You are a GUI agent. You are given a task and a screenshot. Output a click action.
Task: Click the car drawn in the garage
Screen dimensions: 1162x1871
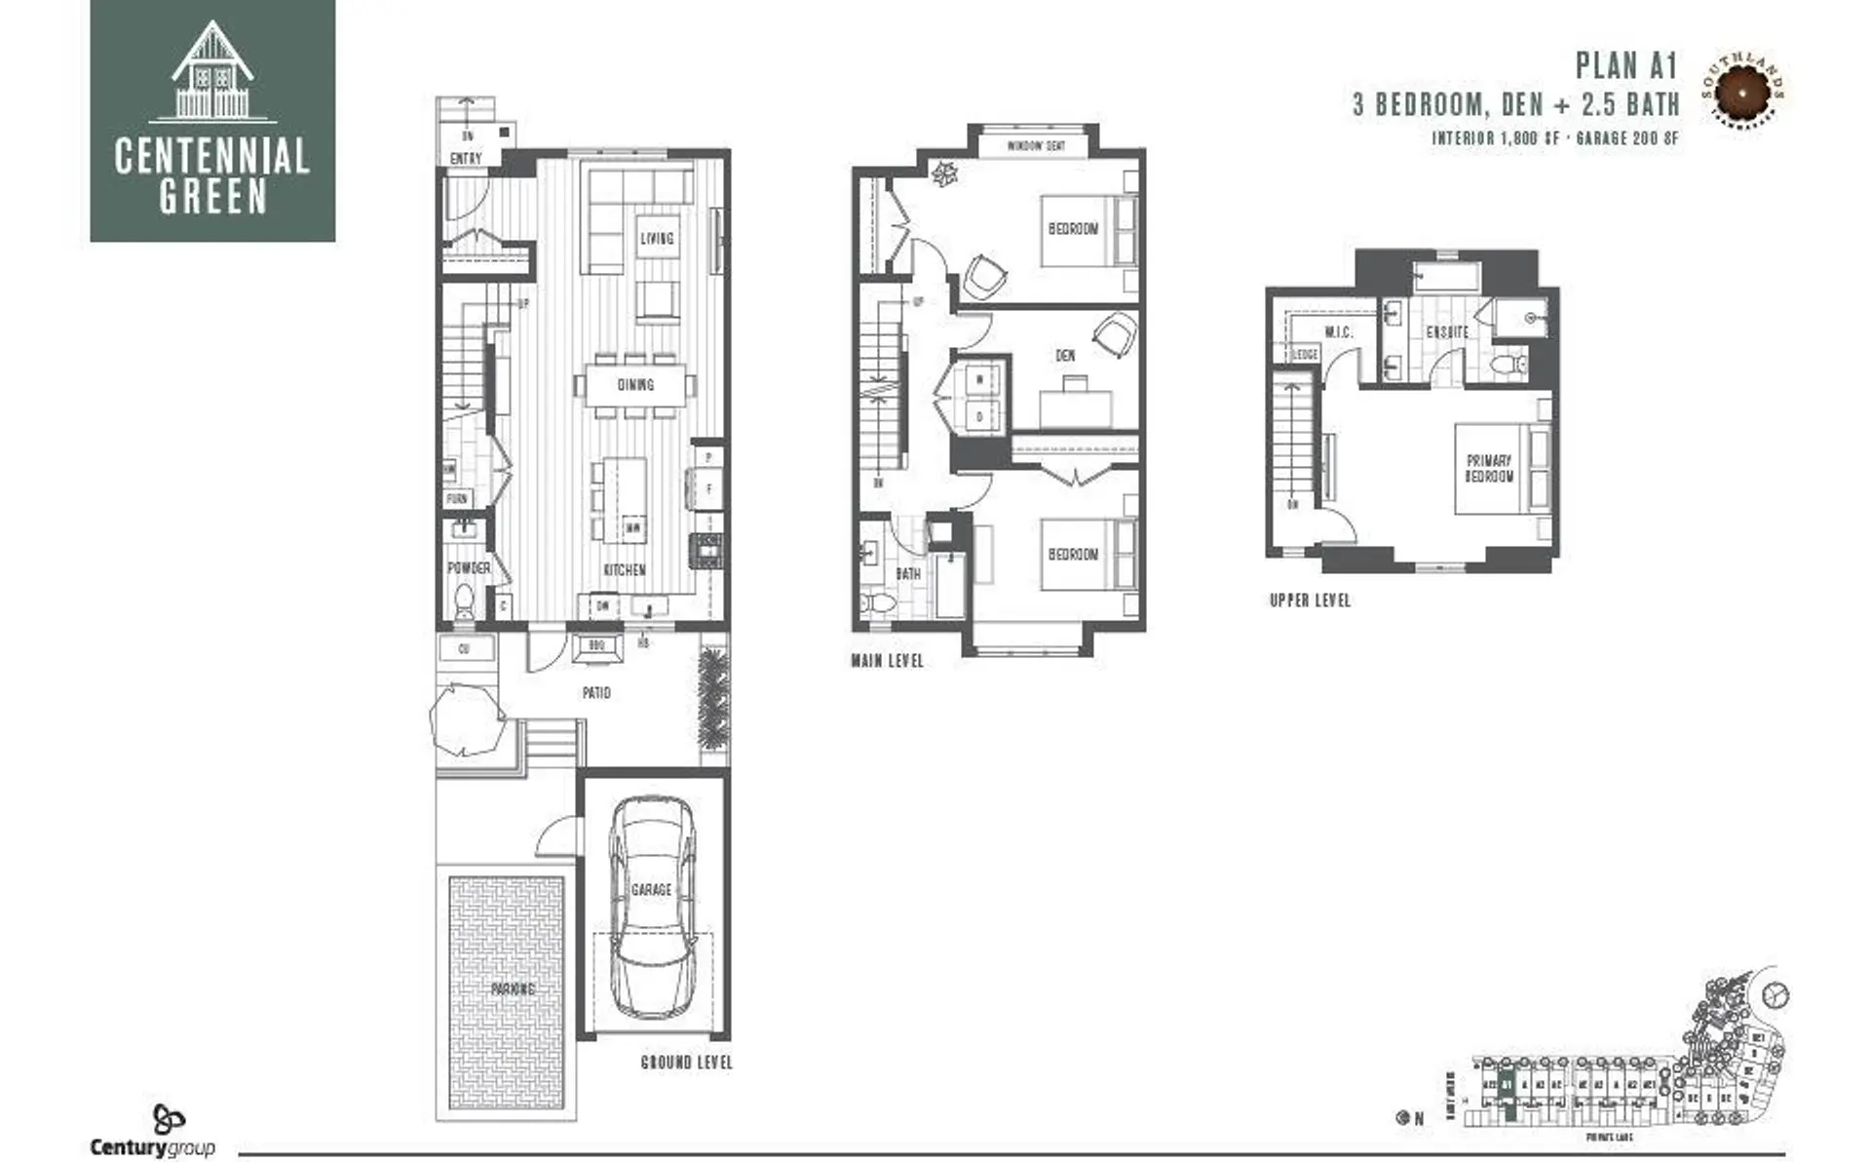[652, 907]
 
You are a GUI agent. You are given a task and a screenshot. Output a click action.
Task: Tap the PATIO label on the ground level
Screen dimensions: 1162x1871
[596, 693]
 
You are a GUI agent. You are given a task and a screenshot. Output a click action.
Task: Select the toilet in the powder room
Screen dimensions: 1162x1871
[465, 601]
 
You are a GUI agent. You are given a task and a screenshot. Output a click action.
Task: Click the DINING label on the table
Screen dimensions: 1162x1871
[635, 385]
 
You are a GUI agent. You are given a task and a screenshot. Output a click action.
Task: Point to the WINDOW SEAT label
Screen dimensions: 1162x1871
[1036, 146]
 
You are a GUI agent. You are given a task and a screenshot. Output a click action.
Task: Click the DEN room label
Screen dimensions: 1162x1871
[1065, 356]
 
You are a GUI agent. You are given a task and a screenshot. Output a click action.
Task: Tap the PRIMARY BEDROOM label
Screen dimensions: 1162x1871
[1489, 468]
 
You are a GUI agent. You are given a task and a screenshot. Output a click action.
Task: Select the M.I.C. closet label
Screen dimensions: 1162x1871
[1338, 332]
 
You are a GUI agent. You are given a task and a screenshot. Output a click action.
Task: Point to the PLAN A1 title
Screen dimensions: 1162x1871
[1626, 66]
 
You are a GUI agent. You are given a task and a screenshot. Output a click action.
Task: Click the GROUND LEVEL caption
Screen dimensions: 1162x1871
[686, 1063]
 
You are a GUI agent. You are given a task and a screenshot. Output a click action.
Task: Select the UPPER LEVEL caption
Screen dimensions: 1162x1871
[1310, 600]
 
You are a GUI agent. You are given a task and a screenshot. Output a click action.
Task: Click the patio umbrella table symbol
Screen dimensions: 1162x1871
[469, 719]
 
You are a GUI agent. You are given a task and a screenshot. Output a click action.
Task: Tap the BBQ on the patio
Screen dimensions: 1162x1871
[596, 646]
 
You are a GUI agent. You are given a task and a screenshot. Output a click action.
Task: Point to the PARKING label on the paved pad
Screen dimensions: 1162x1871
[513, 988]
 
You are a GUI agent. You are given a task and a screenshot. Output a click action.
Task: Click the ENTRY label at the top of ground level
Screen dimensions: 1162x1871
[466, 159]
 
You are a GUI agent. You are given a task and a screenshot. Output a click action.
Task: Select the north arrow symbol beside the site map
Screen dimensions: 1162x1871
[1403, 1119]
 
